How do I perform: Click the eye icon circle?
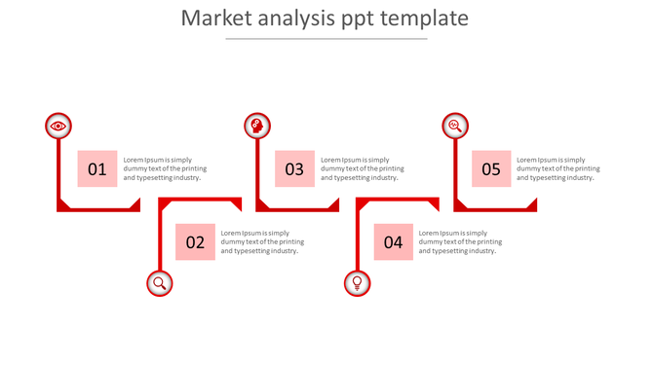point(58,126)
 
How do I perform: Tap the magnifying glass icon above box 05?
point(454,126)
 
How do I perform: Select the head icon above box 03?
point(257,126)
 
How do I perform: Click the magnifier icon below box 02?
point(159,283)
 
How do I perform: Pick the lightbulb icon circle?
point(358,283)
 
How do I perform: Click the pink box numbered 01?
point(97,169)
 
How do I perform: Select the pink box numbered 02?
point(195,242)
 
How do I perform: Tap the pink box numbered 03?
point(294,169)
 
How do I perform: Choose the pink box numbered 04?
point(393,242)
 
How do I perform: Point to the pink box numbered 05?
point(491,169)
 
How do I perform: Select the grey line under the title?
point(326,39)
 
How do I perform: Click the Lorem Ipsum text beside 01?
point(163,168)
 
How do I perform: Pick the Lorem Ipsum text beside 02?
point(261,242)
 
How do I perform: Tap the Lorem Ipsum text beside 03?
point(362,168)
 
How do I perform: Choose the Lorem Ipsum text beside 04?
point(460,242)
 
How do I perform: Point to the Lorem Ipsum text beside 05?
point(557,168)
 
